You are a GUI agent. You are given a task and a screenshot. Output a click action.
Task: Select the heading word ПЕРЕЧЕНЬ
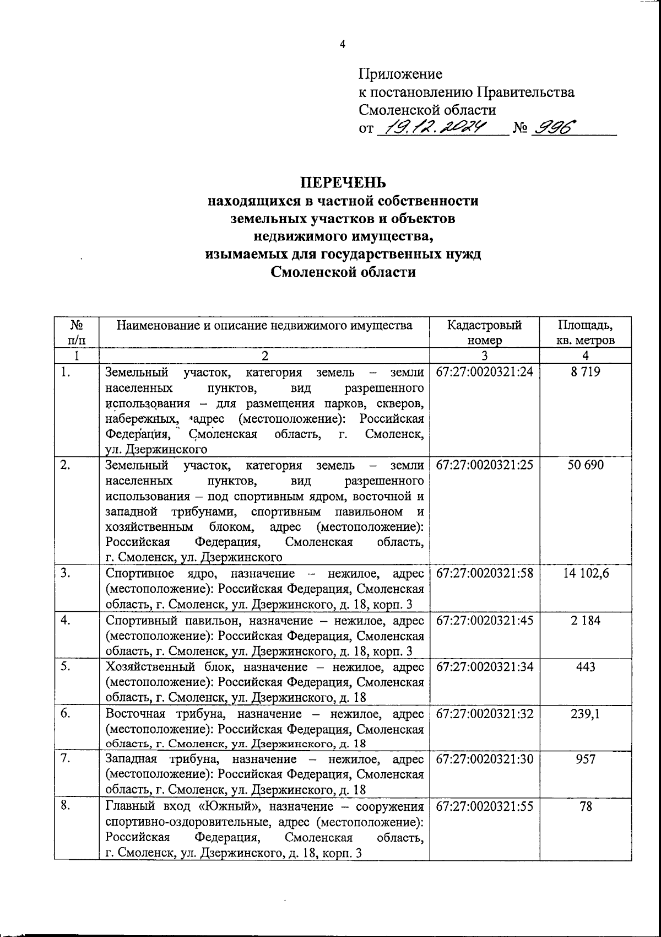tap(343, 182)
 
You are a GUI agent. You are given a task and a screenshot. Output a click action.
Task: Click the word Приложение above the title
tap(400, 74)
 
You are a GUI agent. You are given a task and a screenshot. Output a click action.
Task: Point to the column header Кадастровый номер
tap(484, 332)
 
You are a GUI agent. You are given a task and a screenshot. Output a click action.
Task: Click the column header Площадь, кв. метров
tap(585, 332)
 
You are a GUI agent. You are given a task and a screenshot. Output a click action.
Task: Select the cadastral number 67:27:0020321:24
tap(484, 372)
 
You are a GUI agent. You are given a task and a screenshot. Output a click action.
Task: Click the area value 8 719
tap(585, 372)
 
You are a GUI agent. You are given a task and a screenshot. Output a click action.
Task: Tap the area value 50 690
tap(585, 465)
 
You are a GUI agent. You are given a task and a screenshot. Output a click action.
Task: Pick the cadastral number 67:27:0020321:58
tap(484, 573)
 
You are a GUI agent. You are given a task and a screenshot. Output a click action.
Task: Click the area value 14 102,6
tap(586, 573)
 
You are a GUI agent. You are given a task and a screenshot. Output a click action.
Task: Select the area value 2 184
tap(585, 621)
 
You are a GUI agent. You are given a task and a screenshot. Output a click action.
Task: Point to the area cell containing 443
tap(585, 667)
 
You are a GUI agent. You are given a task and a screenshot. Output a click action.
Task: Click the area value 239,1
tap(586, 714)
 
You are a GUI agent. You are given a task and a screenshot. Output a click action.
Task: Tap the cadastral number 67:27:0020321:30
tap(484, 759)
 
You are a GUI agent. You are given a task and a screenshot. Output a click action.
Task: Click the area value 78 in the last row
tap(586, 806)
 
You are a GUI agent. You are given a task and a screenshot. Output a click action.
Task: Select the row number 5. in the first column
tap(66, 666)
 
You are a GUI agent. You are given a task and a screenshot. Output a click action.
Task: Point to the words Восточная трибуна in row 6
tap(164, 714)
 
